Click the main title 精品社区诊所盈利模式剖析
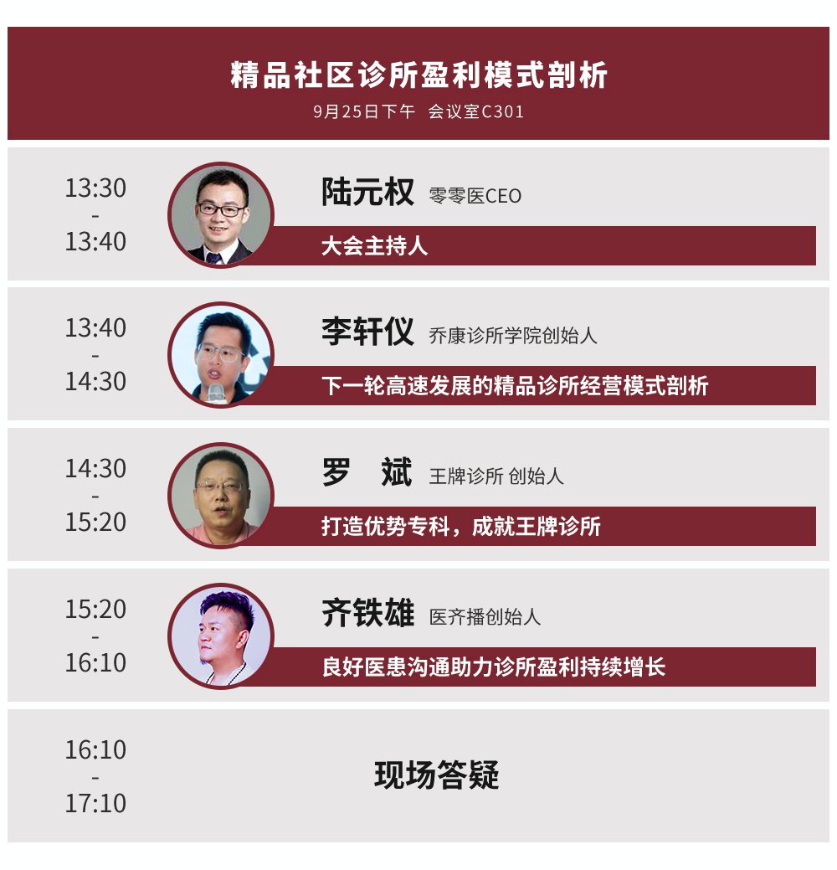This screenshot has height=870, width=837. (418, 75)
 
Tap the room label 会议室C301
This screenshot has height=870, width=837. (476, 111)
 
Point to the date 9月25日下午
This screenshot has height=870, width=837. (364, 111)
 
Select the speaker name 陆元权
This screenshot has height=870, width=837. (367, 192)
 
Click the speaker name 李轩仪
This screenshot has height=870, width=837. (367, 332)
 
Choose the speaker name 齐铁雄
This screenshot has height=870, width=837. (367, 613)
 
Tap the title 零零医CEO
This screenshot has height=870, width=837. (475, 196)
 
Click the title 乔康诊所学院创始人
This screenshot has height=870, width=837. (513, 336)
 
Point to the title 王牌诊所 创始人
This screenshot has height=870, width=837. (496, 476)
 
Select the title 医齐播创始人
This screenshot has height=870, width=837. (485, 616)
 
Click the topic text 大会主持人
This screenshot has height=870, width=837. (375, 246)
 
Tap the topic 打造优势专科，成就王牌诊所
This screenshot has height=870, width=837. (461, 527)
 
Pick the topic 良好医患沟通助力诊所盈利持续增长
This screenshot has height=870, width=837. (494, 667)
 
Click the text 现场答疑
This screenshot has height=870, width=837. (437, 775)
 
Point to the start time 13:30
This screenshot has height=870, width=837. (96, 188)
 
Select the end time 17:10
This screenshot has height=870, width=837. (96, 803)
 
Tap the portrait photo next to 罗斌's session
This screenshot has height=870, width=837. (221, 496)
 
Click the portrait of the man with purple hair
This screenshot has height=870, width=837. (221, 636)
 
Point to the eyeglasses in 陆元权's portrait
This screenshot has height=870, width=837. (220, 209)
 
